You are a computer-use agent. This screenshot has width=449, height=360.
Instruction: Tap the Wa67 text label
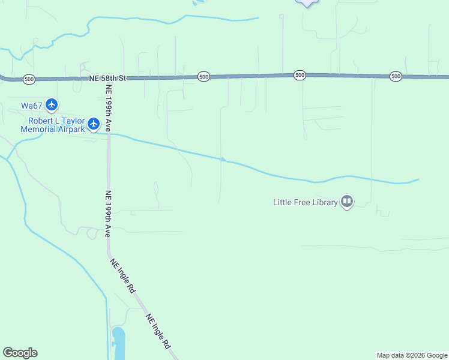(x=32, y=106)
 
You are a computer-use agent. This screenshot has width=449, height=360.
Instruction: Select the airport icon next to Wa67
(x=52, y=105)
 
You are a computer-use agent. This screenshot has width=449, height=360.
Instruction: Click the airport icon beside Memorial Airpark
(x=93, y=124)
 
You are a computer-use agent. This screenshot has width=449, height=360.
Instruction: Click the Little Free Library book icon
(x=347, y=202)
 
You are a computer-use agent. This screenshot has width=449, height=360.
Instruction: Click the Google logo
(x=20, y=353)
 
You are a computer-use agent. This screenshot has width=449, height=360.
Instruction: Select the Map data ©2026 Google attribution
(x=412, y=355)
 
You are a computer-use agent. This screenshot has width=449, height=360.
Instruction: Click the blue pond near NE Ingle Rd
(x=118, y=342)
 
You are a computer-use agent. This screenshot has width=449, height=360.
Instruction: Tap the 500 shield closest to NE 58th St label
(x=29, y=79)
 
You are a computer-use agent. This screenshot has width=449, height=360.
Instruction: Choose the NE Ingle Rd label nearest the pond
(x=158, y=331)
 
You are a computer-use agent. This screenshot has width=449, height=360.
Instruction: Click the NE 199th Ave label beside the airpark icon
(x=109, y=108)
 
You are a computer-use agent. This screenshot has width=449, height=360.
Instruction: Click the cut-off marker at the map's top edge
(x=307, y=3)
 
